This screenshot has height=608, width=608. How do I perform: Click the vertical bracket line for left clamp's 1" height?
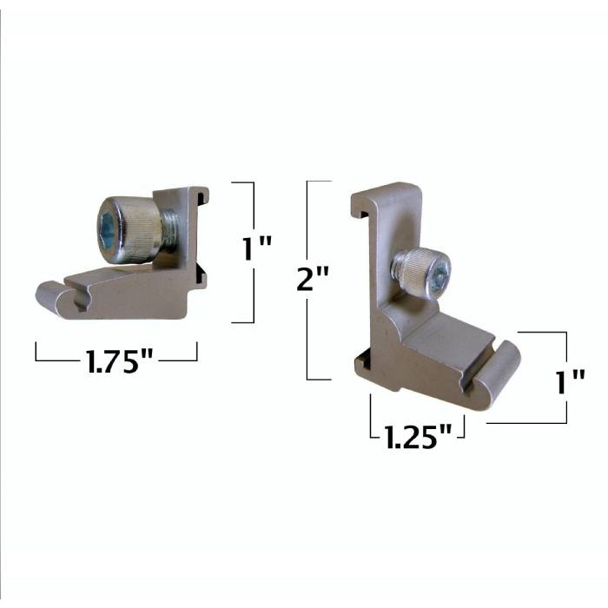254,252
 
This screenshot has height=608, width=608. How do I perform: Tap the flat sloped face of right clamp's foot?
452,334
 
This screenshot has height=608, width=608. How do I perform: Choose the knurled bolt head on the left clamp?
130,228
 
